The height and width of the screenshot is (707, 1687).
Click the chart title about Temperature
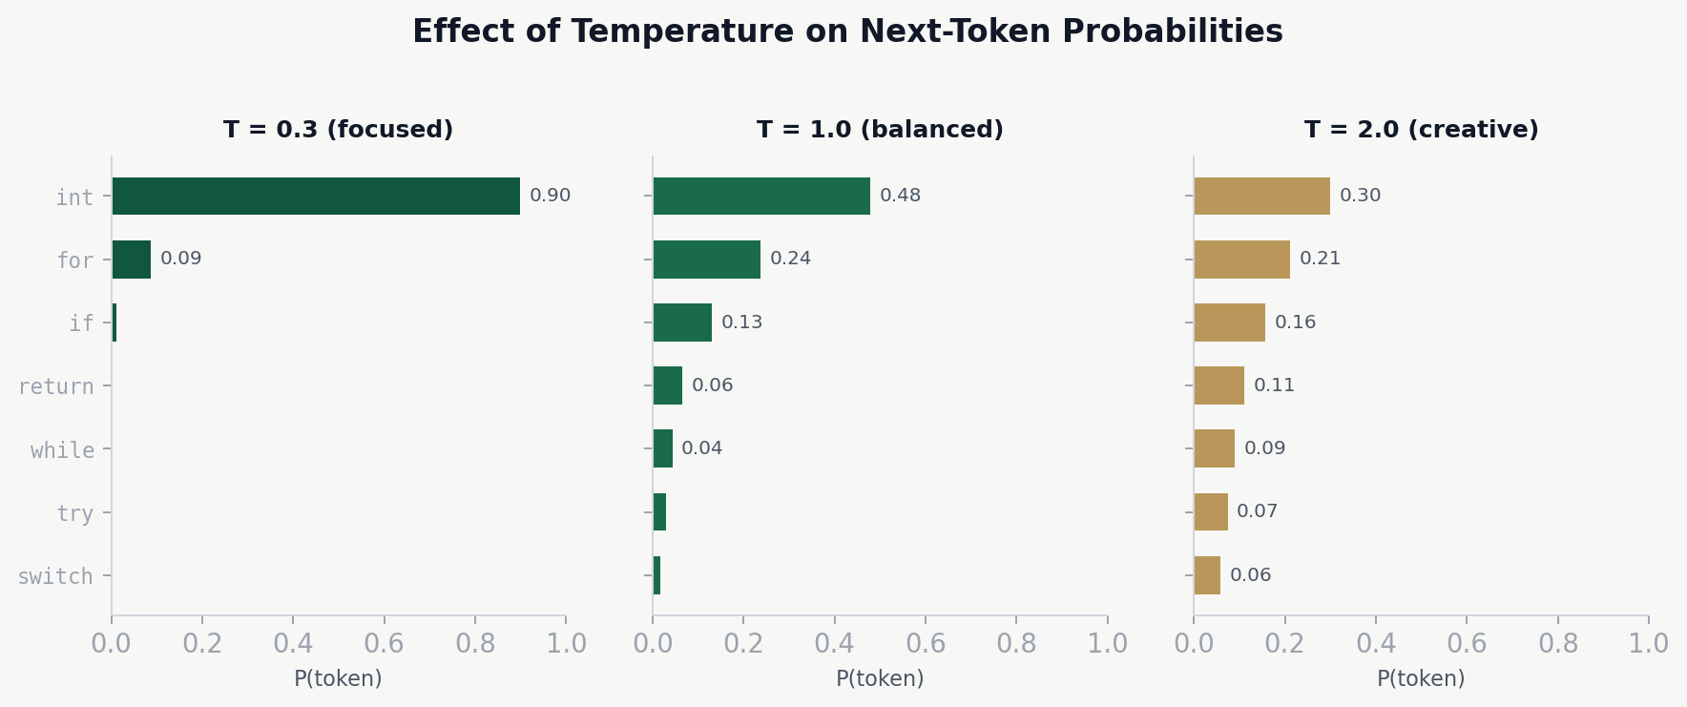point(847,31)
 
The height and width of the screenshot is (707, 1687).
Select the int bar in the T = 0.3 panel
point(316,196)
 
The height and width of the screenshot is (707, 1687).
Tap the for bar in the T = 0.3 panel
point(132,259)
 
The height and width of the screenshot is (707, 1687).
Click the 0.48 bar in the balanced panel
point(761,196)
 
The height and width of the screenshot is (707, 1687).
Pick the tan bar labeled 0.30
point(1261,196)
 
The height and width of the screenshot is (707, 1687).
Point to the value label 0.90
point(550,196)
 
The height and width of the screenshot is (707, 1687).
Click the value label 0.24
point(790,259)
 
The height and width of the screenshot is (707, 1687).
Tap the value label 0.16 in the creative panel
point(1295,322)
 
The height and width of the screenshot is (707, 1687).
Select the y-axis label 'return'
point(56,386)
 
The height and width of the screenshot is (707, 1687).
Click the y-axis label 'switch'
point(55,576)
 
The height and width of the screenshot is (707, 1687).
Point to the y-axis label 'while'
point(62,450)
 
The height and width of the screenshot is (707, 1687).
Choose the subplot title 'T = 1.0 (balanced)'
point(880,130)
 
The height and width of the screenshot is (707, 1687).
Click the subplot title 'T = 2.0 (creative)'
point(1421,130)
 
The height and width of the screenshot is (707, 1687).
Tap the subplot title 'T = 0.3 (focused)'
point(338,130)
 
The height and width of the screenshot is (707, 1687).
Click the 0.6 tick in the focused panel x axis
point(384,643)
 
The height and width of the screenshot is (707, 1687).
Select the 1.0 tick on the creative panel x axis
point(1648,643)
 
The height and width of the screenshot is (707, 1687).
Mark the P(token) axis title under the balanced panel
point(880,678)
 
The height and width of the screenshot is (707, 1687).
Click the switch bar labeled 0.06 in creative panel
point(1207,575)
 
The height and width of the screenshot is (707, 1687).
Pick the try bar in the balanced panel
point(659,511)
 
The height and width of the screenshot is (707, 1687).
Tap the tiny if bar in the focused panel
point(115,322)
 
